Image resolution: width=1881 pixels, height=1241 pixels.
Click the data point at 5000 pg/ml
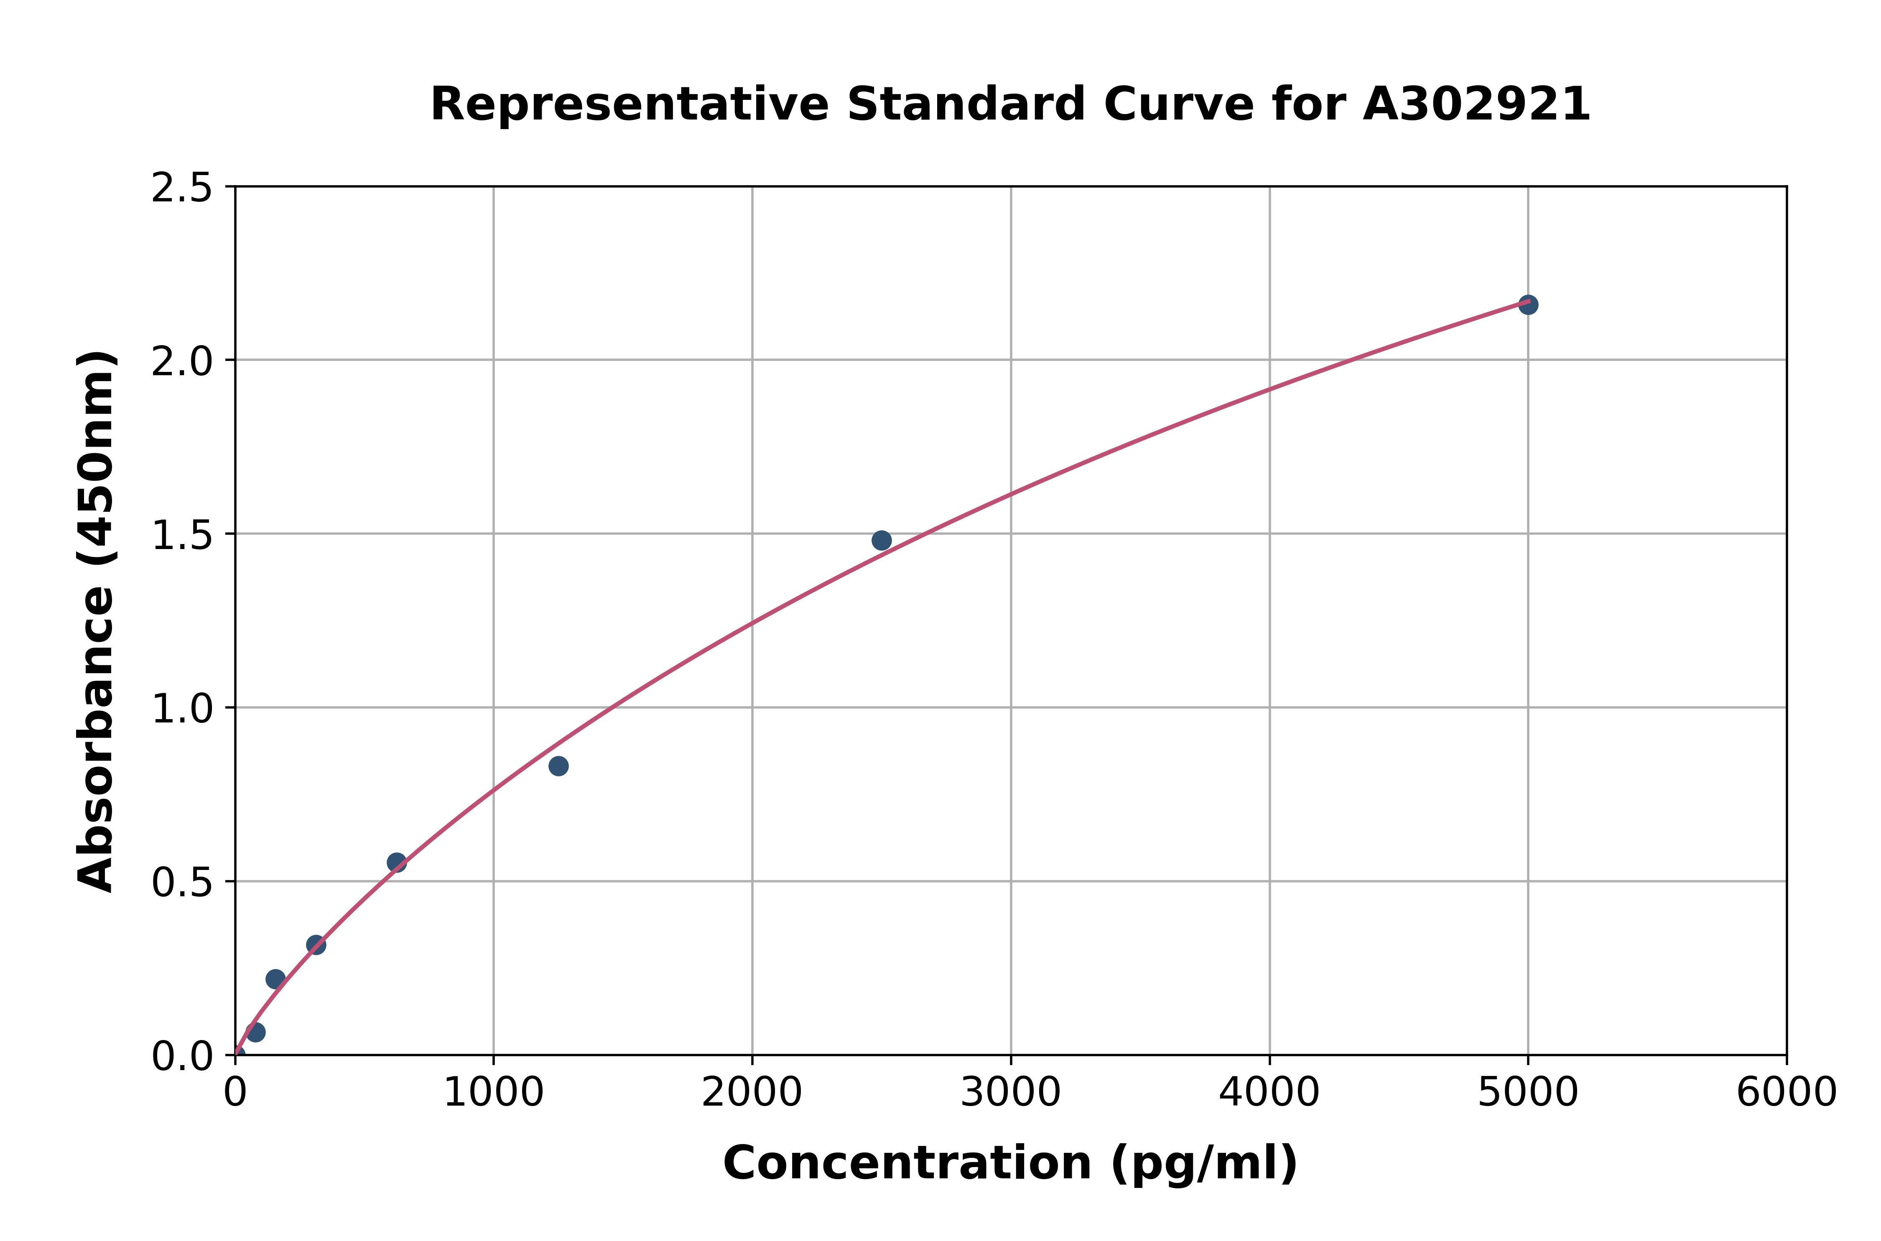(x=1528, y=305)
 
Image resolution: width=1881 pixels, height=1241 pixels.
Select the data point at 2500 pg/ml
(x=881, y=541)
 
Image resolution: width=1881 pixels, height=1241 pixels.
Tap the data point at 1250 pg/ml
(x=558, y=766)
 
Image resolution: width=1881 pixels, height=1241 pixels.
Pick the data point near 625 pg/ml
(x=397, y=863)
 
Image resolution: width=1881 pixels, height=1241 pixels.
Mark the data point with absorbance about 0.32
(x=316, y=945)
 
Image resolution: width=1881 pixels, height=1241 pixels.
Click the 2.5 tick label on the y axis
(x=182, y=188)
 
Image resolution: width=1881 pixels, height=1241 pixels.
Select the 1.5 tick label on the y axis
(x=182, y=536)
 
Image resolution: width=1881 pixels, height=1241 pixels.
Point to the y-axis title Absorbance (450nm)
(x=97, y=621)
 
